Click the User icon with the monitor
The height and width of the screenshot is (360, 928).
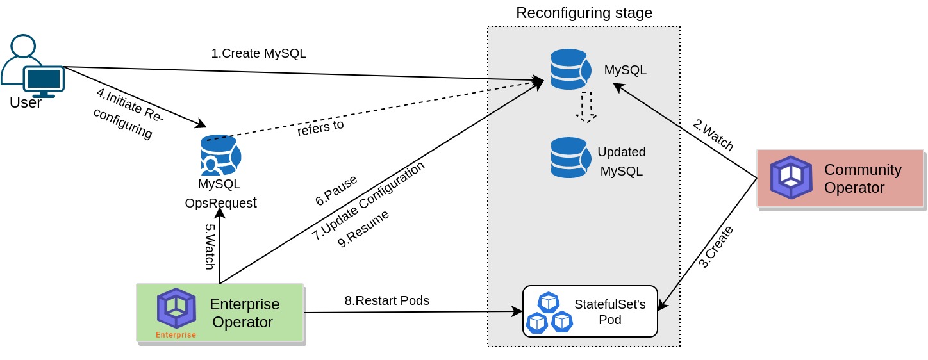33,66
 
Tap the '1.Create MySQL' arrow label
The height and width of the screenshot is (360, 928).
258,53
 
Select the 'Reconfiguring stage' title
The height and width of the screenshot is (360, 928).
584,13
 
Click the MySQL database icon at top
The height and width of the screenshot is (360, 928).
570,69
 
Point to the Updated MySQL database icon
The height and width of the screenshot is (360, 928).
570,158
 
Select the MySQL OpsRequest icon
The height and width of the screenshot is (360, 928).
220,155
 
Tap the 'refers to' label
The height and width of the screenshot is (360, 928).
320,127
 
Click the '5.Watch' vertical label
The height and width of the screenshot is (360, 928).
210,247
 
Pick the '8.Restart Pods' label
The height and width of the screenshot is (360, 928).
386,300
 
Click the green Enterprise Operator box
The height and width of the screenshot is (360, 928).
220,313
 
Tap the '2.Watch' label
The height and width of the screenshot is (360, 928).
713,135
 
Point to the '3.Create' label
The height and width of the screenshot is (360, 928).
715,247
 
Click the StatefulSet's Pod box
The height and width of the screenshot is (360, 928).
590,311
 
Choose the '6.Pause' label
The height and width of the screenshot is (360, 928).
336,190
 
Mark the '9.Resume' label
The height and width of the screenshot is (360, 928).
363,229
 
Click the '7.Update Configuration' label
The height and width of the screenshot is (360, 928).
369,200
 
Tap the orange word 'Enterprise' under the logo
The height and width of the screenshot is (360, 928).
176,335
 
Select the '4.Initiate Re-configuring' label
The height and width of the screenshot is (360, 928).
128,113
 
